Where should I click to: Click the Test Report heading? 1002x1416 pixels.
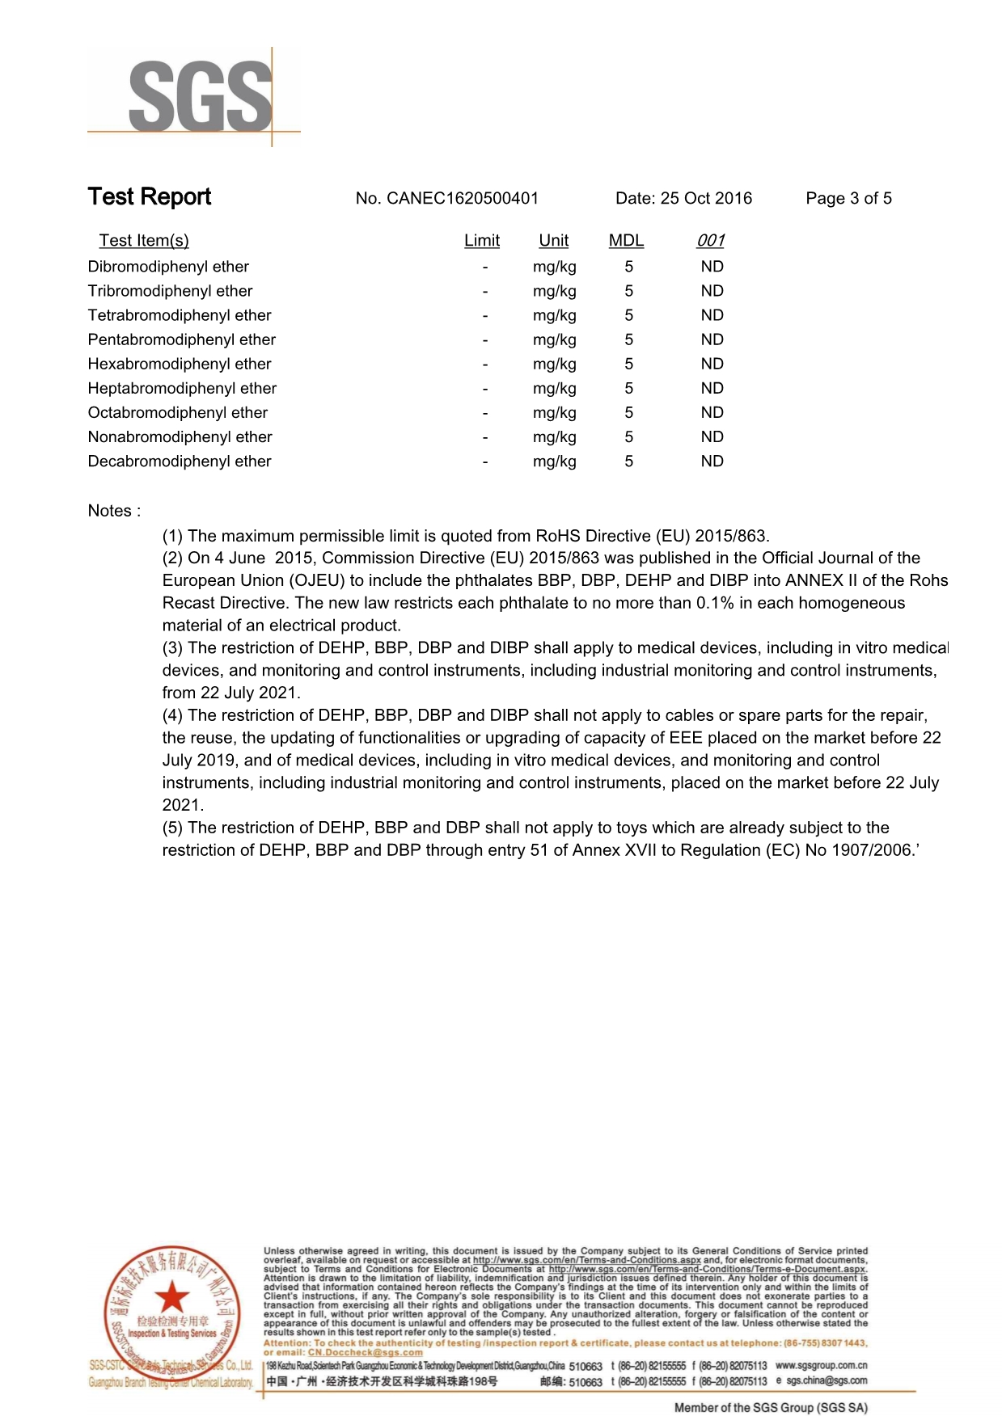tap(150, 196)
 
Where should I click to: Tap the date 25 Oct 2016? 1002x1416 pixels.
tap(706, 199)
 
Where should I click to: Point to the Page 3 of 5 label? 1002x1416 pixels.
tap(848, 199)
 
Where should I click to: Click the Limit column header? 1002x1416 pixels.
tap(482, 241)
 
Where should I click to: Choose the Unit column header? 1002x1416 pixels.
tap(554, 241)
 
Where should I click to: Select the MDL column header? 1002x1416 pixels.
tap(626, 241)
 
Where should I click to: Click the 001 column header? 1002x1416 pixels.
tap(711, 241)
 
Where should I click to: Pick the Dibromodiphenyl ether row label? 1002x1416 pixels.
tap(168, 267)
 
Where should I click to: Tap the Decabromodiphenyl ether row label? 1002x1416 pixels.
tap(180, 461)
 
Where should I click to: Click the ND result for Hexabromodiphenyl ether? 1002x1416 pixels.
tap(712, 365)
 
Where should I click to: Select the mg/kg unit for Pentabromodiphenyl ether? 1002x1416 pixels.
tap(555, 340)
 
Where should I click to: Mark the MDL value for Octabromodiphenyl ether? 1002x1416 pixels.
tap(628, 413)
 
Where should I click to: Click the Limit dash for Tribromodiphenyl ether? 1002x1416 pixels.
tap(485, 292)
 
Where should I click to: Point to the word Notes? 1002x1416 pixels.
tap(110, 511)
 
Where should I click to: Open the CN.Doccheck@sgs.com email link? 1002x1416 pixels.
tap(365, 1352)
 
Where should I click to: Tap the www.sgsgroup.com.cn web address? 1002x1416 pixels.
tap(821, 1365)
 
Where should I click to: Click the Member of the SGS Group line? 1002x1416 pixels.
tap(770, 1407)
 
